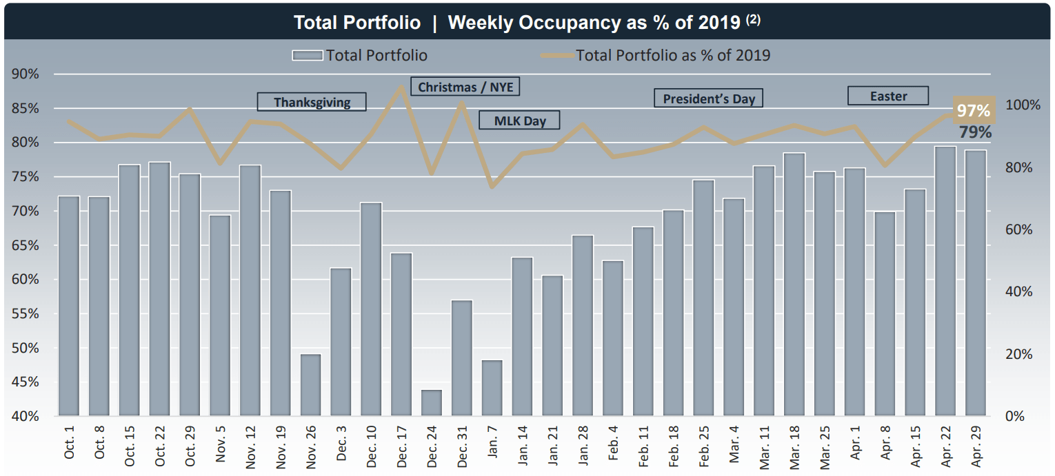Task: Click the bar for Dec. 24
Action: click(x=432, y=403)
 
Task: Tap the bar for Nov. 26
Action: click(x=311, y=385)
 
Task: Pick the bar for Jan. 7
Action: click(x=492, y=388)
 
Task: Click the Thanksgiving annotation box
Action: click(x=312, y=102)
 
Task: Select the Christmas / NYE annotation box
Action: click(x=465, y=87)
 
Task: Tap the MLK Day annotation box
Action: click(x=519, y=121)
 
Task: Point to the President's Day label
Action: click(x=708, y=99)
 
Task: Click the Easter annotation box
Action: click(x=887, y=96)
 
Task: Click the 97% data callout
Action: click(x=974, y=110)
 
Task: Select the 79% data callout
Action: click(x=974, y=132)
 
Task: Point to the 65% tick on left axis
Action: click(x=25, y=246)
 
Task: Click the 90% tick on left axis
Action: click(x=25, y=74)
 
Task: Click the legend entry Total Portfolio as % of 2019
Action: click(x=672, y=55)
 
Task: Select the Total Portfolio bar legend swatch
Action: click(x=307, y=55)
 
